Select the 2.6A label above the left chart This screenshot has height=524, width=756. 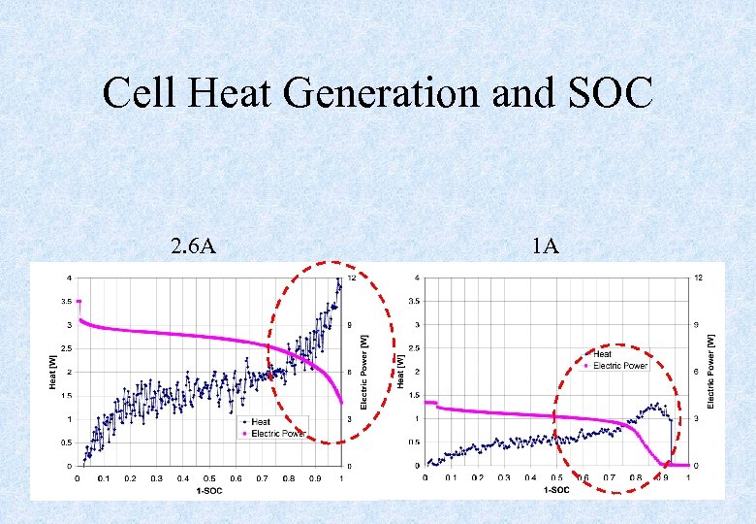pyautogui.click(x=193, y=246)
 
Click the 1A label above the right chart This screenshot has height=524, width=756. pyautogui.click(x=545, y=246)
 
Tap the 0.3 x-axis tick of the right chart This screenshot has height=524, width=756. pyautogui.click(x=504, y=478)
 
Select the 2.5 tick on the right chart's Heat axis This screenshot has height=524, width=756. pyautogui.click(x=412, y=348)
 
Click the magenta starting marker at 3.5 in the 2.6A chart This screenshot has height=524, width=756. pyautogui.click(x=79, y=302)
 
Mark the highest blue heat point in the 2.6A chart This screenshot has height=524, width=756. pyautogui.click(x=338, y=279)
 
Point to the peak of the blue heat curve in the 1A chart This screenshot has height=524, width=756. pyautogui.click(x=657, y=404)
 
